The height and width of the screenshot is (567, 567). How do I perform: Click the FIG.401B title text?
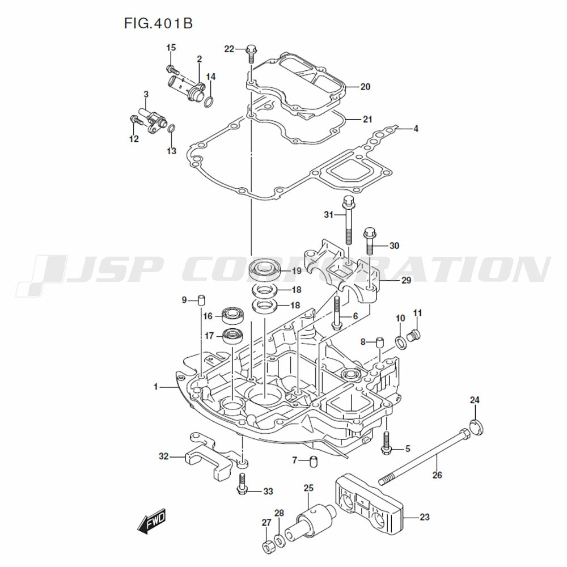point(158,23)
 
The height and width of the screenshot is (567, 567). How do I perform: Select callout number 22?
point(229,49)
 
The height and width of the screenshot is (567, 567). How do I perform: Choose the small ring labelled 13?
point(172,128)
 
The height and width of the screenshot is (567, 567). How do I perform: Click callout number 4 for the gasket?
point(416,128)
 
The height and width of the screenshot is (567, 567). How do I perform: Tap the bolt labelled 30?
point(370,241)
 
